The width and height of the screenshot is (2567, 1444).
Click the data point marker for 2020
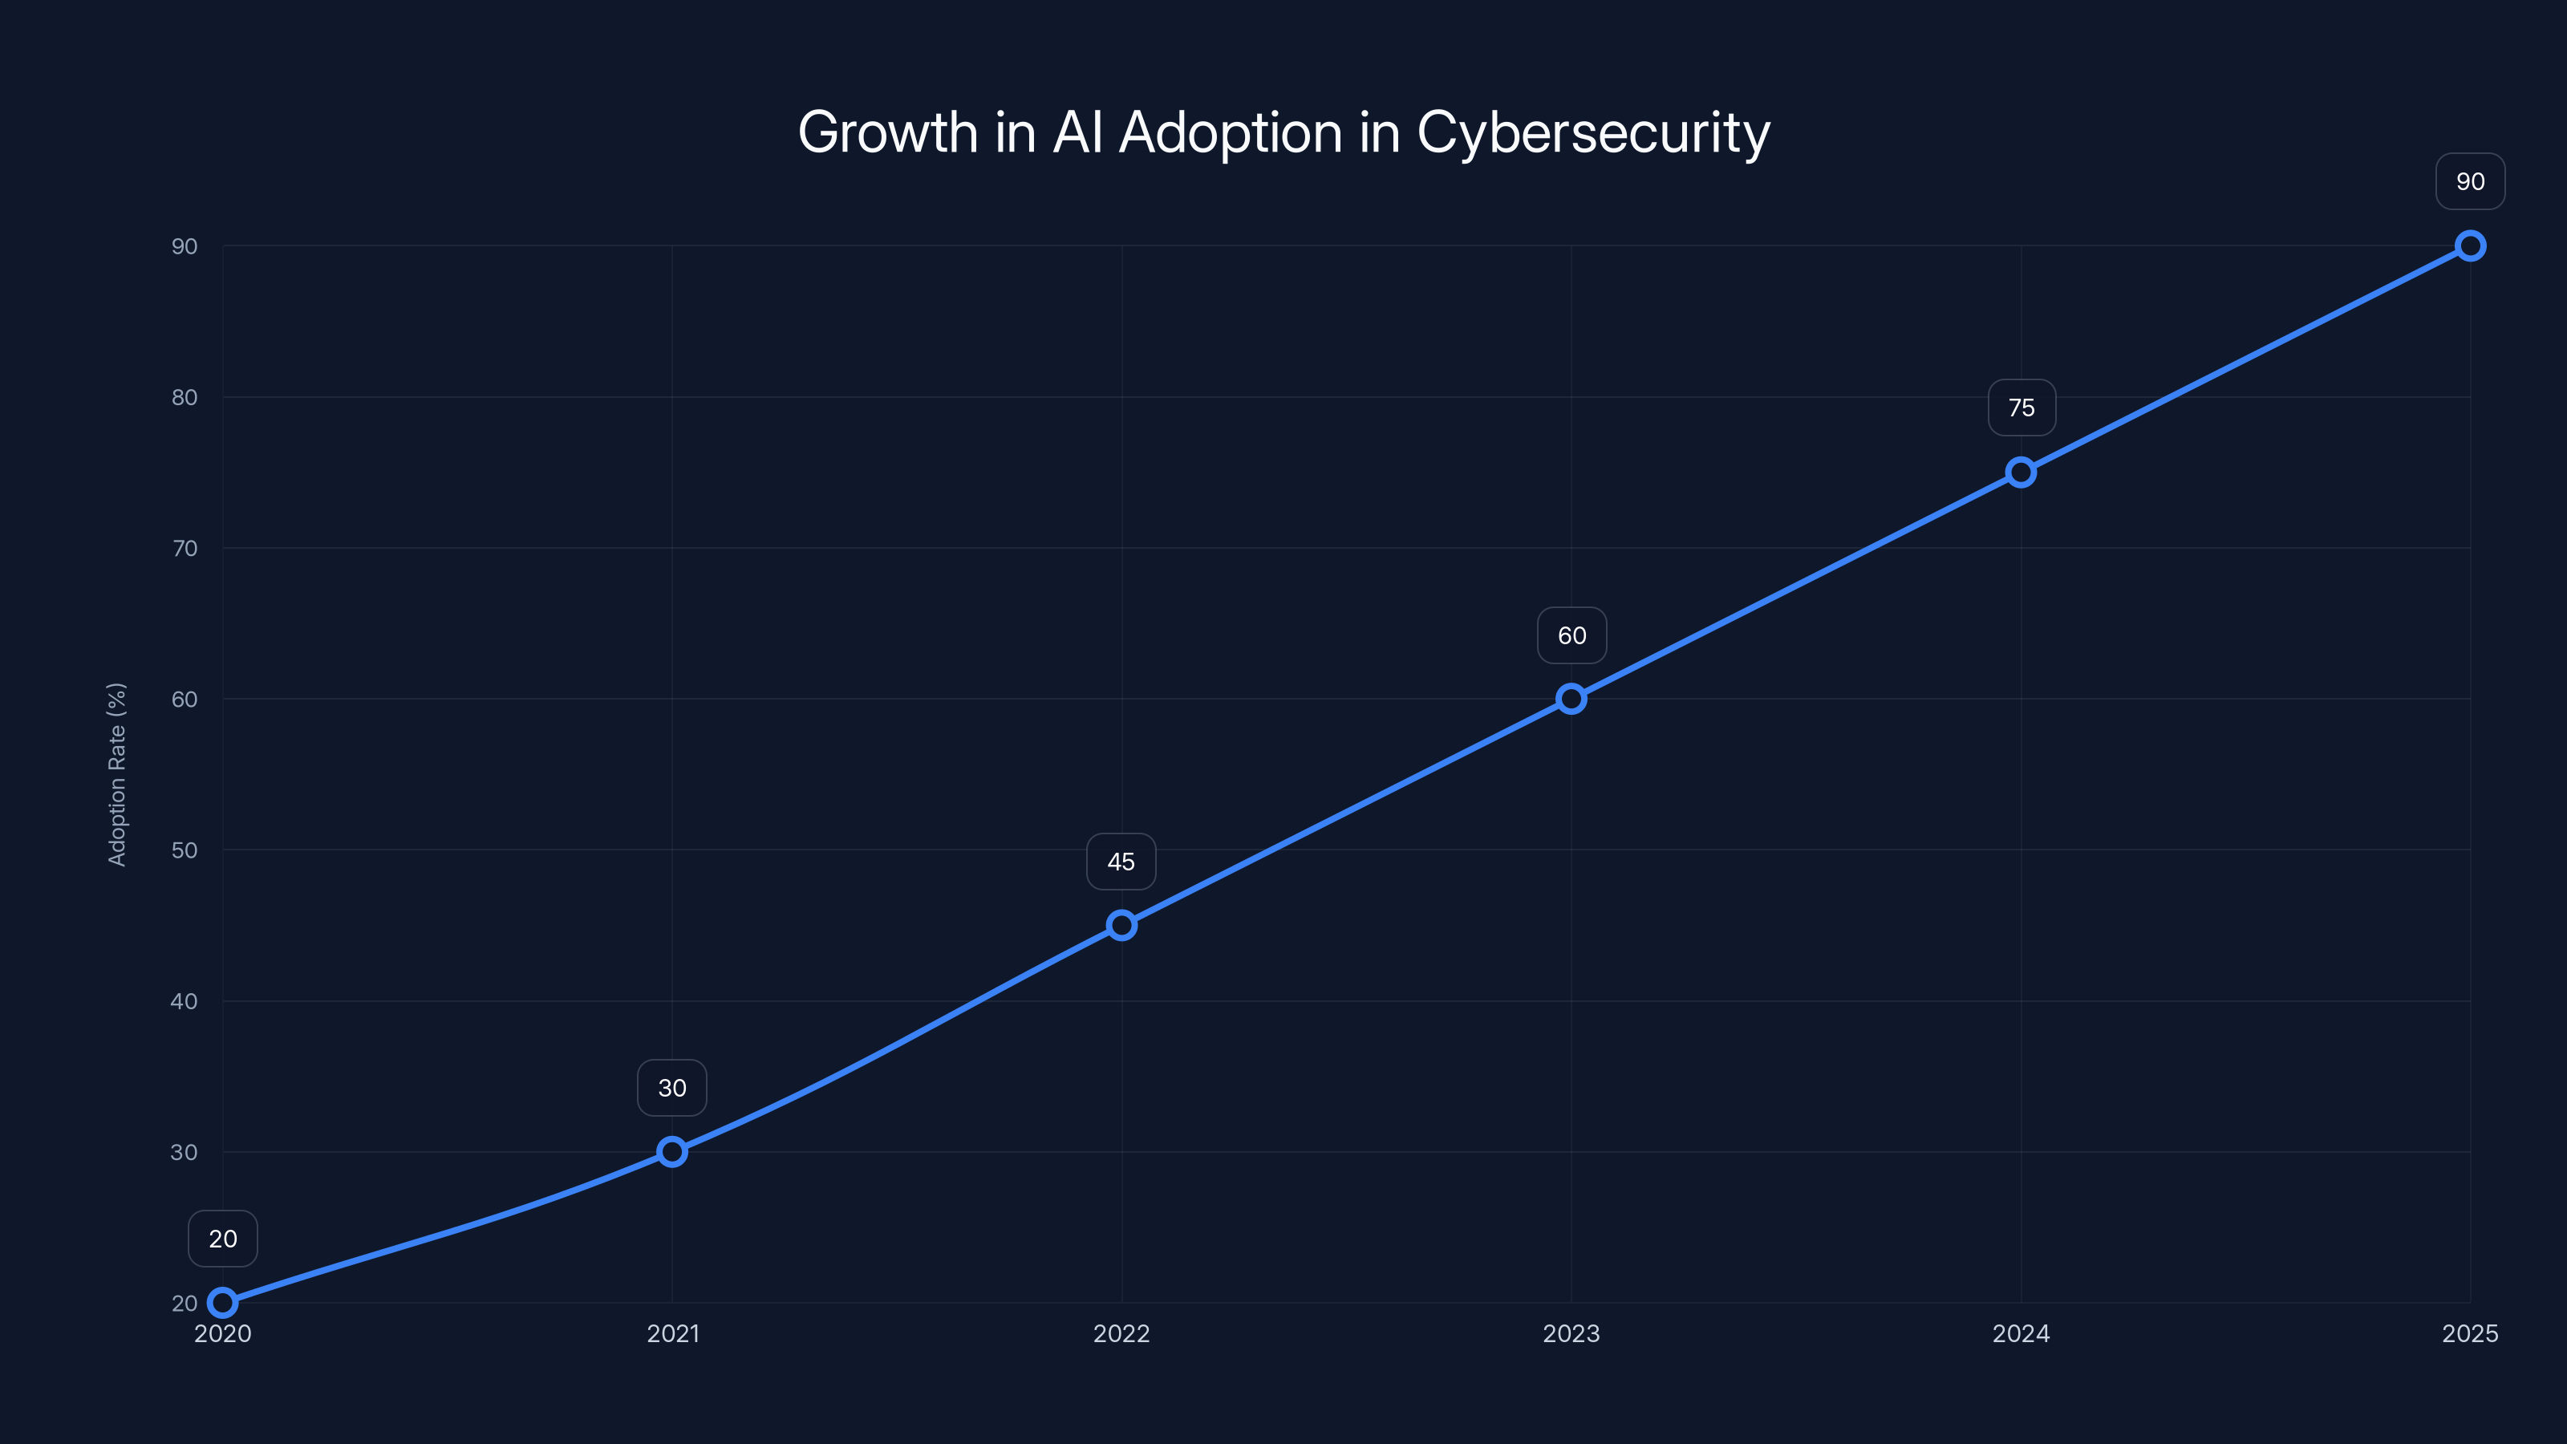(223, 1303)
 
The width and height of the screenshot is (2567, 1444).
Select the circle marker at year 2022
(1121, 925)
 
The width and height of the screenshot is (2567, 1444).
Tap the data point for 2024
(2021, 473)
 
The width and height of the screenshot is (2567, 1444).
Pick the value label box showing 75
(2022, 408)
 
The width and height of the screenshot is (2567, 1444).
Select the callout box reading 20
(223, 1239)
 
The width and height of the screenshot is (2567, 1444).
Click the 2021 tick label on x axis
(673, 1333)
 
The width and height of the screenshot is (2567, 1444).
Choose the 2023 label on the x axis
(1571, 1333)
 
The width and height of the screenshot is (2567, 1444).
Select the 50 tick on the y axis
(185, 850)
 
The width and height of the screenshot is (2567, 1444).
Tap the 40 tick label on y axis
(185, 1001)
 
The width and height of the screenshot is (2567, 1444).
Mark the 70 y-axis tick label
(185, 548)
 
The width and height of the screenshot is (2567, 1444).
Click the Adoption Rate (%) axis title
(116, 774)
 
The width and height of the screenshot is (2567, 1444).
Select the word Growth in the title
(888, 132)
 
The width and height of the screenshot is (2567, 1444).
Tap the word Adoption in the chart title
(1231, 132)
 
